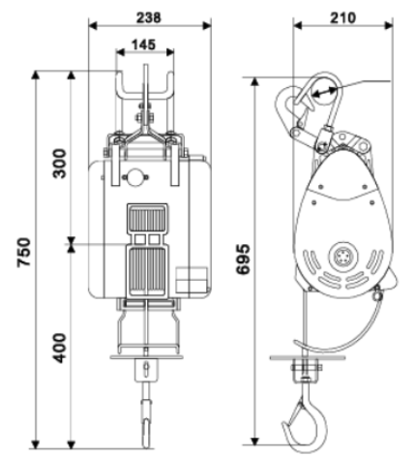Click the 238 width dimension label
point(148,17)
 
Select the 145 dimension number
point(143,45)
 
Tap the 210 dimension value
point(342,17)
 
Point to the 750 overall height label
point(24,252)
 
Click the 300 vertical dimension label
point(59,164)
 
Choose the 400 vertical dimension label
point(59,348)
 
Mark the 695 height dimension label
point(243,259)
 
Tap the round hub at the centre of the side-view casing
point(343,257)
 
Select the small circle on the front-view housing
point(135,177)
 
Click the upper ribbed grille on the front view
point(147,220)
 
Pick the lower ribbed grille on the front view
point(147,270)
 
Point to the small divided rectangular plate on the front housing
point(192,280)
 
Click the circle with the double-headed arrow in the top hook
point(324,91)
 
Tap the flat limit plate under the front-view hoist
point(147,357)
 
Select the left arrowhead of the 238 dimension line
point(93,26)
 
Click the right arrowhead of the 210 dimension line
point(389,26)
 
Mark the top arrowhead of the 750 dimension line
point(36,75)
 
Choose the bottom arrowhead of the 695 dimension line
point(255,441)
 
